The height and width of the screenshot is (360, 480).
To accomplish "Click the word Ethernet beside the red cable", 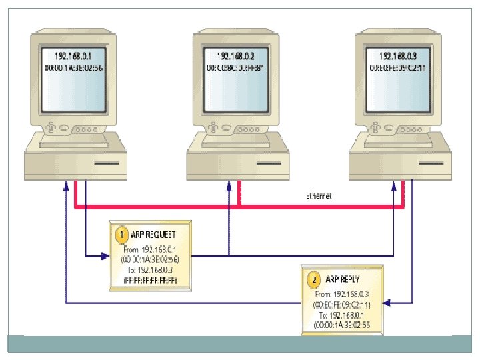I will pos(319,196).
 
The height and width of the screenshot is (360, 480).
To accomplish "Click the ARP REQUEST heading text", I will pos(153,235).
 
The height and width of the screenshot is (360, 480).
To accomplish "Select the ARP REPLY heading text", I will pos(343,279).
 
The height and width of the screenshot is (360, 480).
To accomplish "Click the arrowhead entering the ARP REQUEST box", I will pos(105,255).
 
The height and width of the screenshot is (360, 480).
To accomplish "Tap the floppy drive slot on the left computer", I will pos(106,163).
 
